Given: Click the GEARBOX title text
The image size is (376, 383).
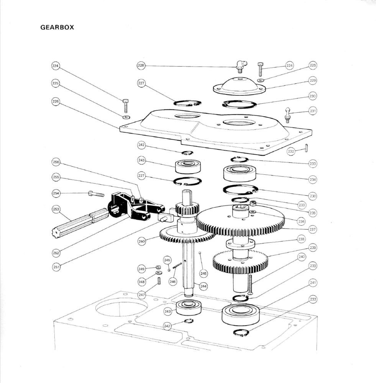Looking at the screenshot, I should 57,28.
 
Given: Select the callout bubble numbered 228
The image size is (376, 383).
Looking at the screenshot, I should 141,66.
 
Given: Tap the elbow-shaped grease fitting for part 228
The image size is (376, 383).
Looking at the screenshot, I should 240,66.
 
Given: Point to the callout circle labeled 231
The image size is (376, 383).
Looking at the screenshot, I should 313,111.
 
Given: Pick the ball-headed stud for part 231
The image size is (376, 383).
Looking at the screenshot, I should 288,113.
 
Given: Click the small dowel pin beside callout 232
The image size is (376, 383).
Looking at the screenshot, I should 307,148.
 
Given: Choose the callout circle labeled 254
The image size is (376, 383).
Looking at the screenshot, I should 56,193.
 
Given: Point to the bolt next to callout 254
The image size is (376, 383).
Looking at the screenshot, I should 96,194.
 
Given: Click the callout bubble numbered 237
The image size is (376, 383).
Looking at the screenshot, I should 313,229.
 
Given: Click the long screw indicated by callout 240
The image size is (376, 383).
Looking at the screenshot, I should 250,284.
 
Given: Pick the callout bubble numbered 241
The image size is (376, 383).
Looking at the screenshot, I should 313,283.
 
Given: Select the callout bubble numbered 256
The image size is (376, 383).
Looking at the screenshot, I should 56,162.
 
